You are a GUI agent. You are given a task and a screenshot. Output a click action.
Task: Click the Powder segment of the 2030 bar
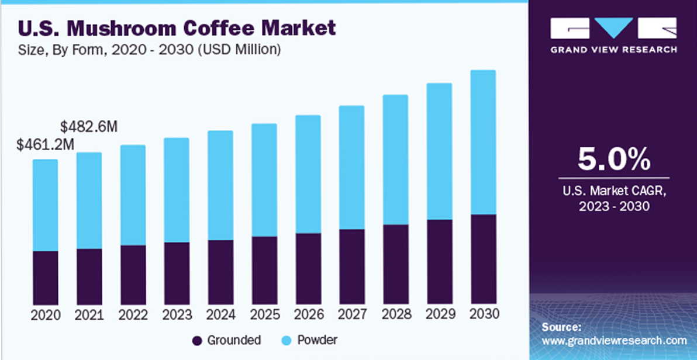point(483,142)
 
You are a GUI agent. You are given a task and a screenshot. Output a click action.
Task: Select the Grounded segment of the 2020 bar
point(45,278)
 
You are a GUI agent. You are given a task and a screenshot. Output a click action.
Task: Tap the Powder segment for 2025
point(264,180)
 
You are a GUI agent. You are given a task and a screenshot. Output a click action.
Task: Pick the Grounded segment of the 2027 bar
point(351,266)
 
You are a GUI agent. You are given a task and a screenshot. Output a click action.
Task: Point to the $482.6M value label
point(89,126)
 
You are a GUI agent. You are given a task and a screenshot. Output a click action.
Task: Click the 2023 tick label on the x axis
point(177,314)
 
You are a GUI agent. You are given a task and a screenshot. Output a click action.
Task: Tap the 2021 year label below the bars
point(89,314)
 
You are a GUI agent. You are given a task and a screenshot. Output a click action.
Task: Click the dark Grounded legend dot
point(198,340)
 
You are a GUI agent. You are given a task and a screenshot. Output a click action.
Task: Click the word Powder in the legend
point(317,340)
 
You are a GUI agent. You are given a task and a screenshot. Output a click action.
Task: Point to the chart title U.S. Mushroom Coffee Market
point(178,27)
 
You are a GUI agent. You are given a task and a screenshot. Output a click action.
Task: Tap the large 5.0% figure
point(613,159)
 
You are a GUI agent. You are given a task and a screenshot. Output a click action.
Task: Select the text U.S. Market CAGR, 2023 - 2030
point(613,198)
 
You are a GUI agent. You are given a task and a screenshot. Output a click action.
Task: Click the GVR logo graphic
point(613,29)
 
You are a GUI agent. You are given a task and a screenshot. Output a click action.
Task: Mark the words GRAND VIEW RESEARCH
point(613,50)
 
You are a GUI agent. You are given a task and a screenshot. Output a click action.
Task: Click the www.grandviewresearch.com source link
point(614,340)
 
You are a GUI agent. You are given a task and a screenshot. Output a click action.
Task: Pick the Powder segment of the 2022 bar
point(133,195)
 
